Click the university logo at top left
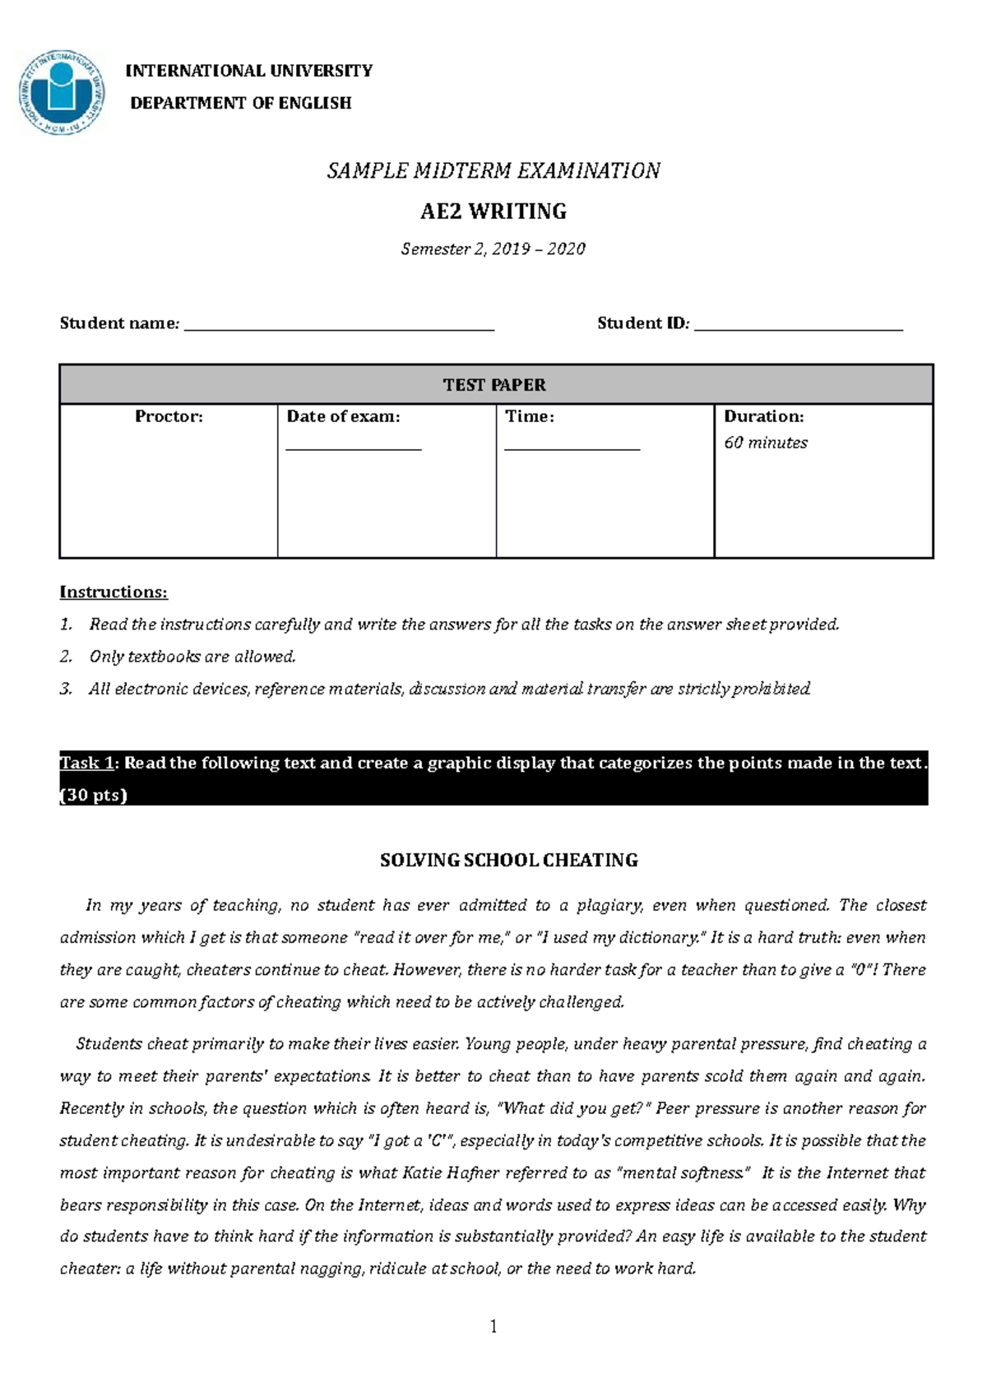click(62, 92)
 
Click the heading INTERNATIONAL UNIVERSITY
click(248, 71)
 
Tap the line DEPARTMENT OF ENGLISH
click(240, 103)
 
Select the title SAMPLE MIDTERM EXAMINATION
click(493, 170)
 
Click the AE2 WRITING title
click(493, 211)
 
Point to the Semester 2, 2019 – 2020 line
click(493, 248)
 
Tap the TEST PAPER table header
click(494, 385)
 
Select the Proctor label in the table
click(169, 416)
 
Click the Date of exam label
click(343, 416)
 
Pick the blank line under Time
click(572, 448)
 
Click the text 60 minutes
click(766, 443)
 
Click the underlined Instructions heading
click(114, 592)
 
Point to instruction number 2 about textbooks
click(192, 657)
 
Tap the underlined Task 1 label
click(86, 763)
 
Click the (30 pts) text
click(94, 795)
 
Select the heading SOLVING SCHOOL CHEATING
click(508, 860)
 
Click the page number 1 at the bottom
click(493, 1326)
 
